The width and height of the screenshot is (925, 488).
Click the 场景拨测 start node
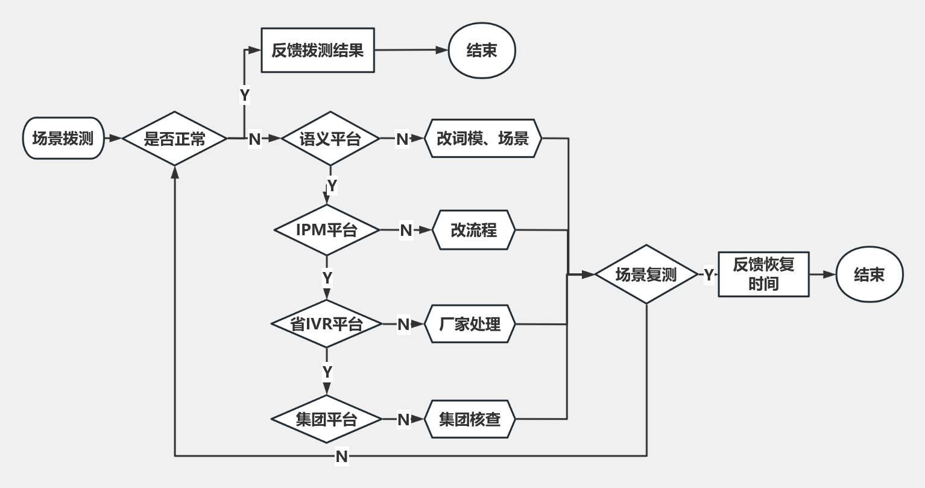tap(63, 138)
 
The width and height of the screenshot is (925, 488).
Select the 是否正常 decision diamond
tap(175, 139)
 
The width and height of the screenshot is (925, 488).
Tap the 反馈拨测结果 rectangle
tap(317, 51)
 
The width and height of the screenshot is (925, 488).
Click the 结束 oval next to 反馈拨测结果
tap(482, 51)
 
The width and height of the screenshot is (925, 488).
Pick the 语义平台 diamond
tap(330, 139)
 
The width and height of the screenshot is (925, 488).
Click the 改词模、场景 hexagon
tap(483, 139)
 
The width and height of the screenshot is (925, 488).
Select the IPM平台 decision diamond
tap(327, 230)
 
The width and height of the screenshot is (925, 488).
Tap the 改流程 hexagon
tap(474, 230)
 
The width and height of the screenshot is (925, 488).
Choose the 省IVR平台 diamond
tap(327, 324)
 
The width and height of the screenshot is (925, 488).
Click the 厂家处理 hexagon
tap(470, 324)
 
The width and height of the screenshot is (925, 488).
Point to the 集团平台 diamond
tap(327, 419)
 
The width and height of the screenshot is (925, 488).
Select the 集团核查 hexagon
tap(470, 419)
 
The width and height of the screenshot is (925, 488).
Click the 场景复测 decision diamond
tap(646, 274)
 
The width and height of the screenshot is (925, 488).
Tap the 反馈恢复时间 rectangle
tap(763, 274)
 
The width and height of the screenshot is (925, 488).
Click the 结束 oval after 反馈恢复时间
tap(870, 274)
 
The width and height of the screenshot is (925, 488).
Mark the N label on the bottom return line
tap(342, 457)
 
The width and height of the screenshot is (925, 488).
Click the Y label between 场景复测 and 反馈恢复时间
tap(709, 275)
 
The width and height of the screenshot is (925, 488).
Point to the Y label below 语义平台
tap(331, 185)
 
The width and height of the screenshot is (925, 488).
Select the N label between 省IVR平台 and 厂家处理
tap(403, 325)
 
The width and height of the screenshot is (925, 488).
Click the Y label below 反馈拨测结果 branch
tap(244, 95)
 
